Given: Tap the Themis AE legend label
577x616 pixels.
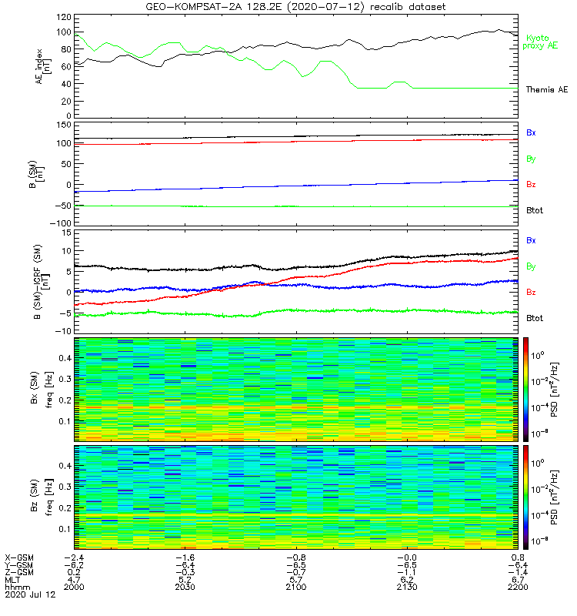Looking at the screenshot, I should tap(546, 90).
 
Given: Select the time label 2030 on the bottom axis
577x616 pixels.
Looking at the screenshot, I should tap(185, 587).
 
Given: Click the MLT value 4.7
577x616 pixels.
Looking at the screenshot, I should tap(74, 579).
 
